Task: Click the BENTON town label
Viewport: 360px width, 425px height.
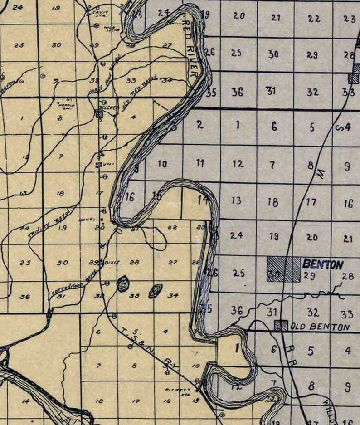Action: tap(322, 264)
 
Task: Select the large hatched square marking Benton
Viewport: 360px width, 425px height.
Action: tap(283, 269)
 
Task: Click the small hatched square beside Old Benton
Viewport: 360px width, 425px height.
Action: tap(282, 325)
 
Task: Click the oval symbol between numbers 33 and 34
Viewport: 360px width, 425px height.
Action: tap(155, 291)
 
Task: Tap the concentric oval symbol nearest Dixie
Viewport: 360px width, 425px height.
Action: tap(122, 284)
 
